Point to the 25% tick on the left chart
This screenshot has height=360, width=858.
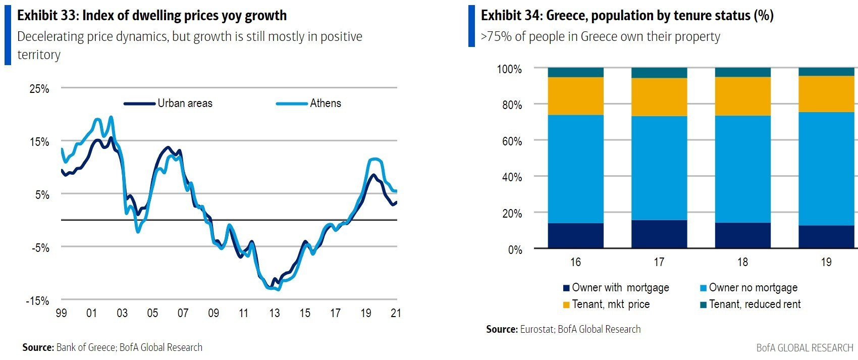pyautogui.click(x=39, y=89)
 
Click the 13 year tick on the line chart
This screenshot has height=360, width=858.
pyautogui.click(x=274, y=313)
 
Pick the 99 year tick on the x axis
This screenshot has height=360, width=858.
pyautogui.click(x=61, y=313)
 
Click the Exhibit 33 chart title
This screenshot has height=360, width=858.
pyautogui.click(x=152, y=16)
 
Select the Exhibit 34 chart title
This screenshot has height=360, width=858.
pyautogui.click(x=627, y=16)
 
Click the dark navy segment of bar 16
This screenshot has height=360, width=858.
pyautogui.click(x=575, y=235)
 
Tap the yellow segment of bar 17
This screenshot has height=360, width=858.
pyautogui.click(x=659, y=97)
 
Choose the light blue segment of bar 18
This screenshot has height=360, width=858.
pyautogui.click(x=743, y=169)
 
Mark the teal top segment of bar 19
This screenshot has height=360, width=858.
pyautogui.click(x=826, y=72)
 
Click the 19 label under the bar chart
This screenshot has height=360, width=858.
pyautogui.click(x=826, y=262)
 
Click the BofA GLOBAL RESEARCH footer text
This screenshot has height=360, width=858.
pyautogui.click(x=805, y=348)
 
